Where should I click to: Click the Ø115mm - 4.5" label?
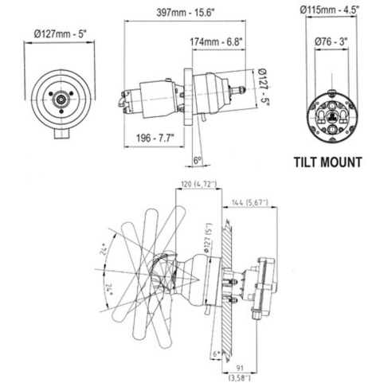328,10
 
